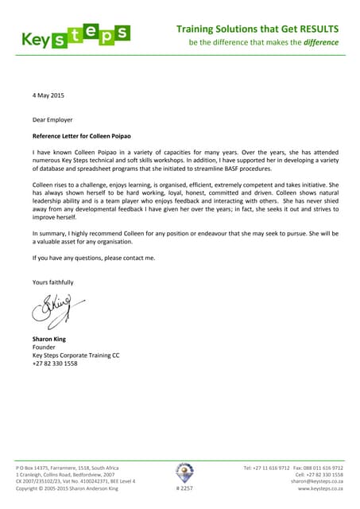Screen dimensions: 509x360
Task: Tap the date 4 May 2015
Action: point(48,96)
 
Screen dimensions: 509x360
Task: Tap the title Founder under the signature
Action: point(45,348)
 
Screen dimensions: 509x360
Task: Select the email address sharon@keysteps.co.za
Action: point(316,481)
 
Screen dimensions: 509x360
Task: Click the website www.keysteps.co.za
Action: point(320,488)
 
